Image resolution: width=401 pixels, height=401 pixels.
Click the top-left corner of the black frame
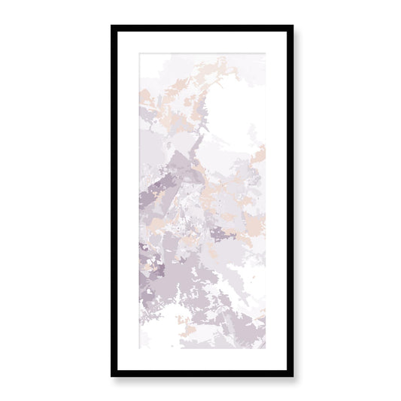click(113, 27)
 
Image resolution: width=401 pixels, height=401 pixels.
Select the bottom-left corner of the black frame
click(113, 375)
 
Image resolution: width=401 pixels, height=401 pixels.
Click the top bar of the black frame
click(202, 29)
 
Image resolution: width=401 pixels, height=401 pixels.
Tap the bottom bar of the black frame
click(202, 372)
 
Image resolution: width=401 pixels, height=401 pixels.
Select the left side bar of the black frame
click(114, 201)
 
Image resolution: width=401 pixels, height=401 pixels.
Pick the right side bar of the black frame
click(290, 201)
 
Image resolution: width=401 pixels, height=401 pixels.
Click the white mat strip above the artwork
click(202, 42)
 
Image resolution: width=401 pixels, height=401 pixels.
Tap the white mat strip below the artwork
click(202, 359)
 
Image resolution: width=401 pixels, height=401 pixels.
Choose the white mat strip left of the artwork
click(127, 201)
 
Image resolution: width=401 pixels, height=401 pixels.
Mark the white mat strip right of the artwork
click(275, 201)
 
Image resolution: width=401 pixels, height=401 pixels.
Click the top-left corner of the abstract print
click(138, 53)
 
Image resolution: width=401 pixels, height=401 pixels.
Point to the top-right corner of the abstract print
click(266, 53)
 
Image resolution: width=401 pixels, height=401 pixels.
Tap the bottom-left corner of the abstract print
click(138, 349)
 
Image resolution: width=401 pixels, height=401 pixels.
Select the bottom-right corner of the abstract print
click(266, 349)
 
